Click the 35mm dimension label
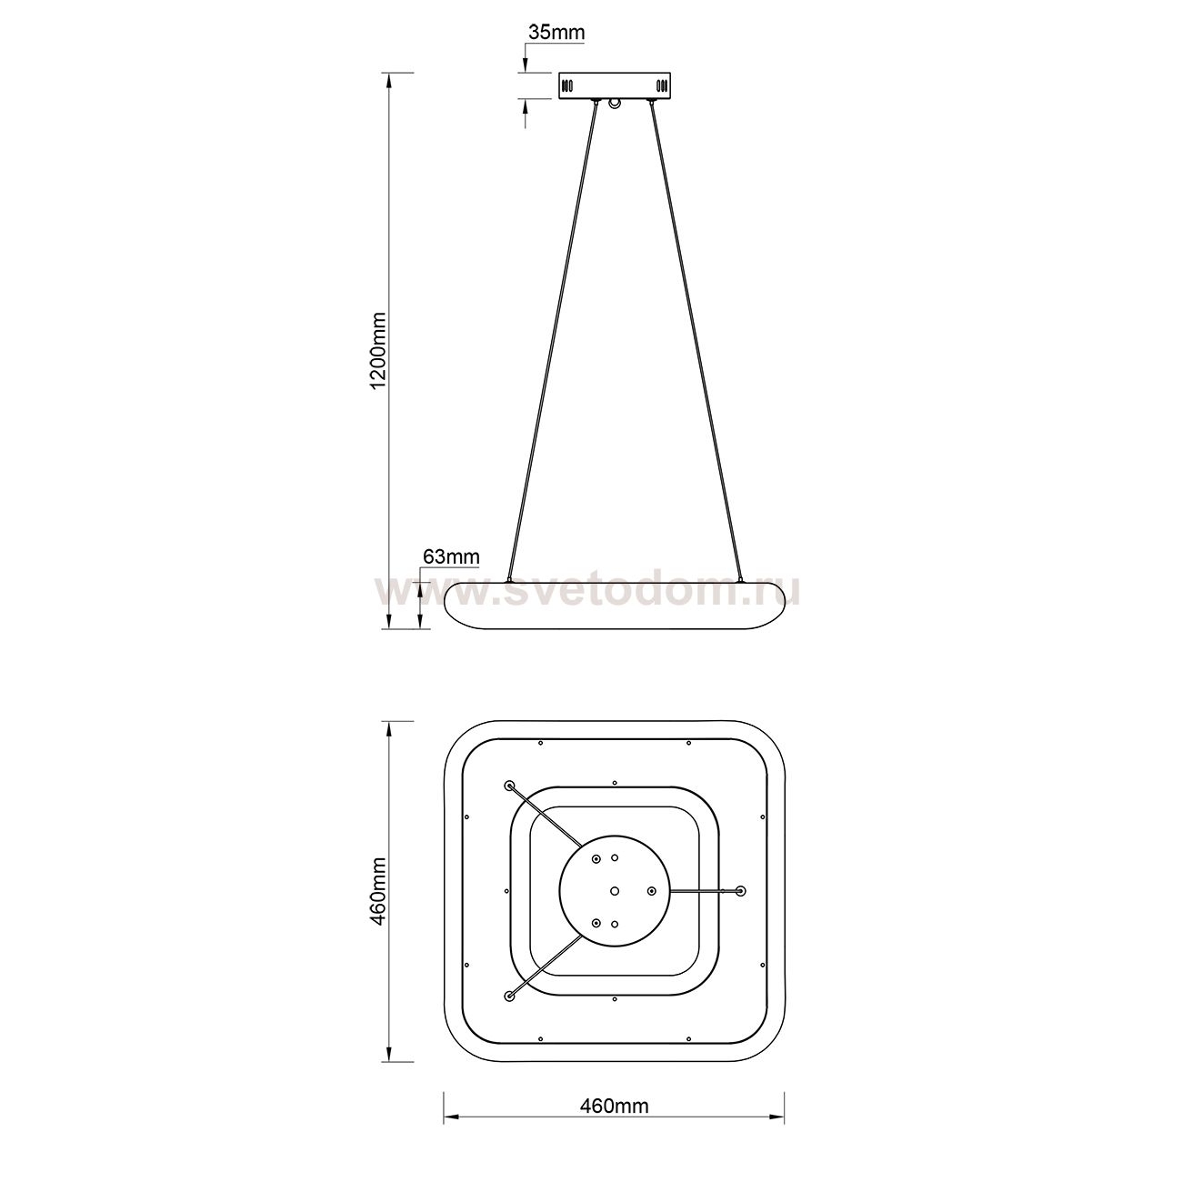pyautogui.click(x=556, y=33)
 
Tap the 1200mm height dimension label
pyautogui.click(x=378, y=350)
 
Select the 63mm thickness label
pyautogui.click(x=451, y=557)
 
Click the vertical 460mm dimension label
pyautogui.click(x=378, y=891)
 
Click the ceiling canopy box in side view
pyautogui.click(x=614, y=85)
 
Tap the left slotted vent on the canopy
pyautogui.click(x=568, y=85)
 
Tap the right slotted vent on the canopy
pyautogui.click(x=661, y=85)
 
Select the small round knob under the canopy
pyautogui.click(x=614, y=105)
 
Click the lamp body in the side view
pyautogui.click(x=615, y=606)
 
